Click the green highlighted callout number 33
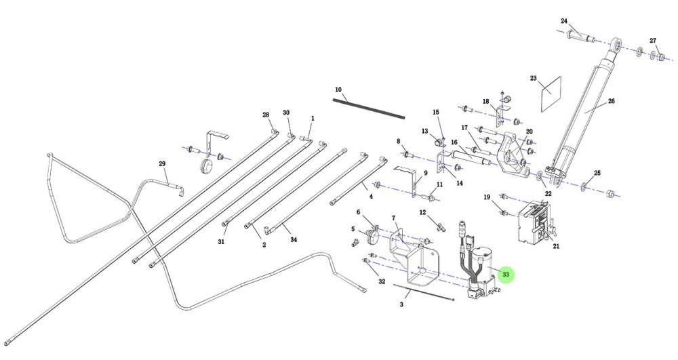tap(506, 275)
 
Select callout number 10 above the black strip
tap(338, 89)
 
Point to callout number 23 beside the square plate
tap(534, 79)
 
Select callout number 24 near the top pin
tap(564, 21)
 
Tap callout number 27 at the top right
tap(654, 40)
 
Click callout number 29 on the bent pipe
tap(162, 163)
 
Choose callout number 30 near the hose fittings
tap(286, 112)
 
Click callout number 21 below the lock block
tap(556, 246)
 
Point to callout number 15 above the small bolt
tap(436, 112)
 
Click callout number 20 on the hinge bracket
tap(530, 132)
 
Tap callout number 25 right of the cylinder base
tap(597, 174)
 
